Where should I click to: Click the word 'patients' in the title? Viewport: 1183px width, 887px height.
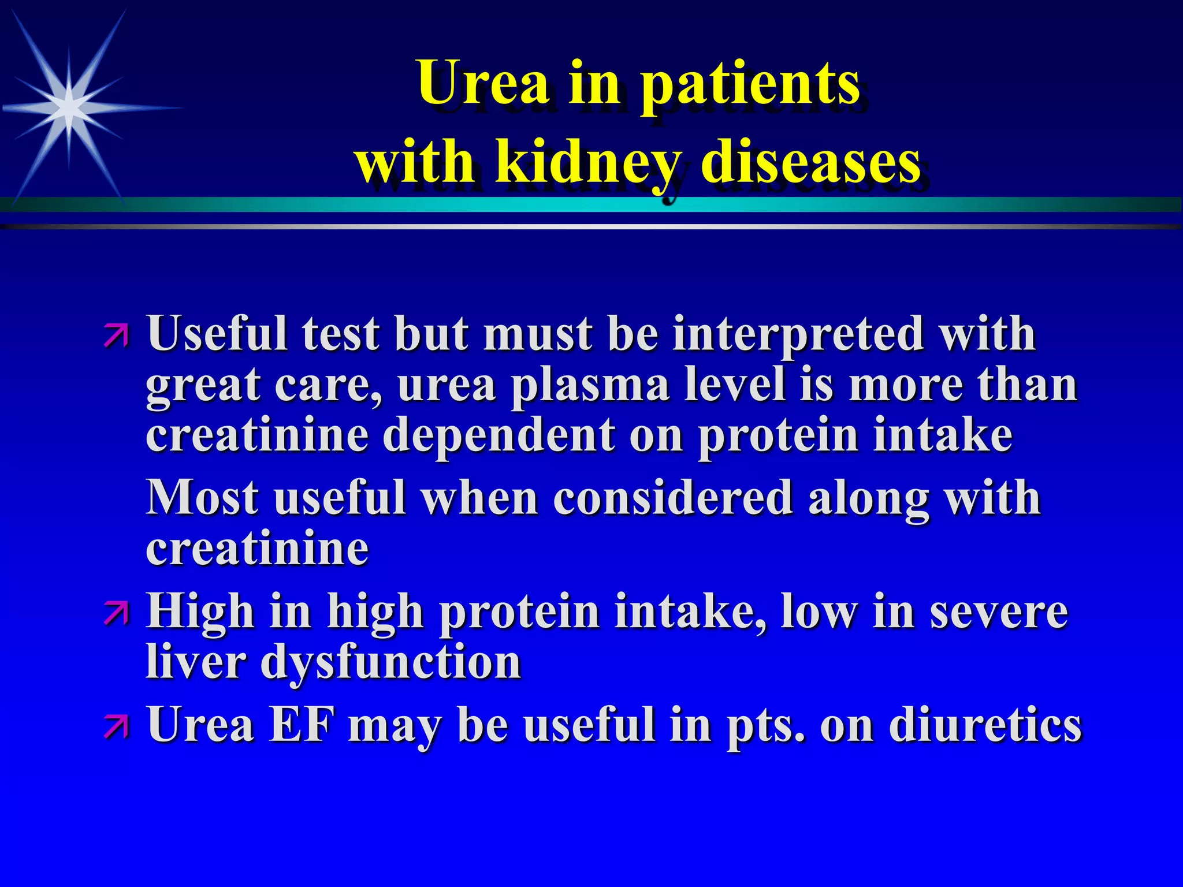click(751, 84)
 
